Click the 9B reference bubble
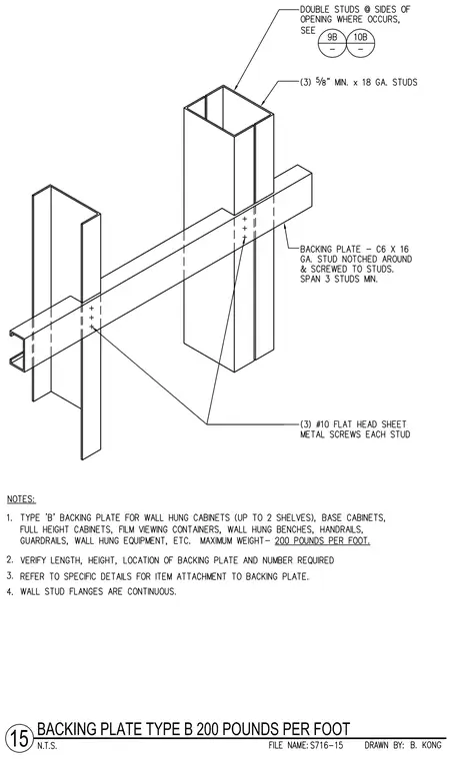pyautogui.click(x=332, y=43)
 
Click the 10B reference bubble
pyautogui.click(x=360, y=43)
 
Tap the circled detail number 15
pyautogui.click(x=20, y=738)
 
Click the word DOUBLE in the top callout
pyautogui.click(x=316, y=9)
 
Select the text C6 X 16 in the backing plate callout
pyautogui.click(x=392, y=250)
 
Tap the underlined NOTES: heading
pyautogui.click(x=21, y=499)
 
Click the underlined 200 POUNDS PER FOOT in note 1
pyautogui.click(x=322, y=540)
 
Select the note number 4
pyautogui.click(x=10, y=591)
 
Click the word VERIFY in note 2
pyautogui.click(x=35, y=560)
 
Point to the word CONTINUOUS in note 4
pyautogui.click(x=152, y=591)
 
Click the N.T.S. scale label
pyautogui.click(x=47, y=746)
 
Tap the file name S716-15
pyautogui.click(x=326, y=745)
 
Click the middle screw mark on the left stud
pyautogui.click(x=91, y=317)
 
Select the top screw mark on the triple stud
pyautogui.click(x=245, y=219)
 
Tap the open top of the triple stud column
pyautogui.click(x=228, y=111)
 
